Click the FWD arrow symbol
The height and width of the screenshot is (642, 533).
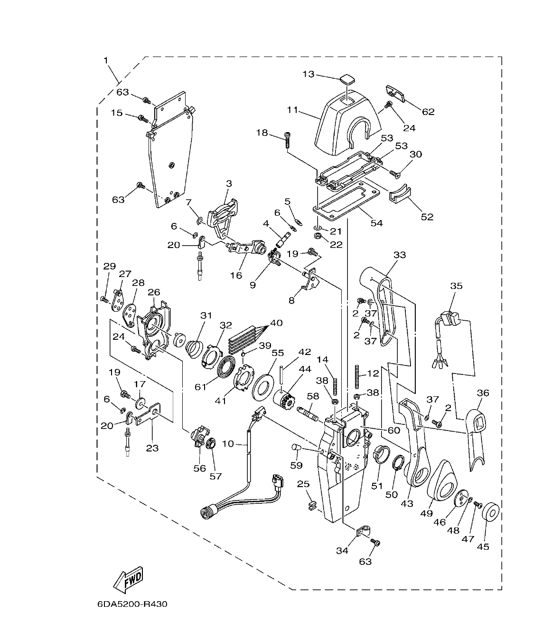tap(128, 579)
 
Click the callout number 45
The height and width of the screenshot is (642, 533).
tap(483, 546)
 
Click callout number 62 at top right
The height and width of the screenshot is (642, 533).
tap(428, 112)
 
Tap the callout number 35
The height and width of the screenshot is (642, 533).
tap(457, 286)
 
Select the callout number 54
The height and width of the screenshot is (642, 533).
tap(377, 223)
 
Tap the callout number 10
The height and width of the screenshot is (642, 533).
tap(228, 444)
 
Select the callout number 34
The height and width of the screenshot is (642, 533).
tap(342, 550)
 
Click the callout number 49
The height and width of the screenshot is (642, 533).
tap(427, 513)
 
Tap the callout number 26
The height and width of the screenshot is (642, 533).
tap(154, 292)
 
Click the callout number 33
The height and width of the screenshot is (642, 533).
tap(400, 255)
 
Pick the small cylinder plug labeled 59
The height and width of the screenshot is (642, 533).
tap(296, 448)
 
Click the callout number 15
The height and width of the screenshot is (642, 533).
tap(117, 113)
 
